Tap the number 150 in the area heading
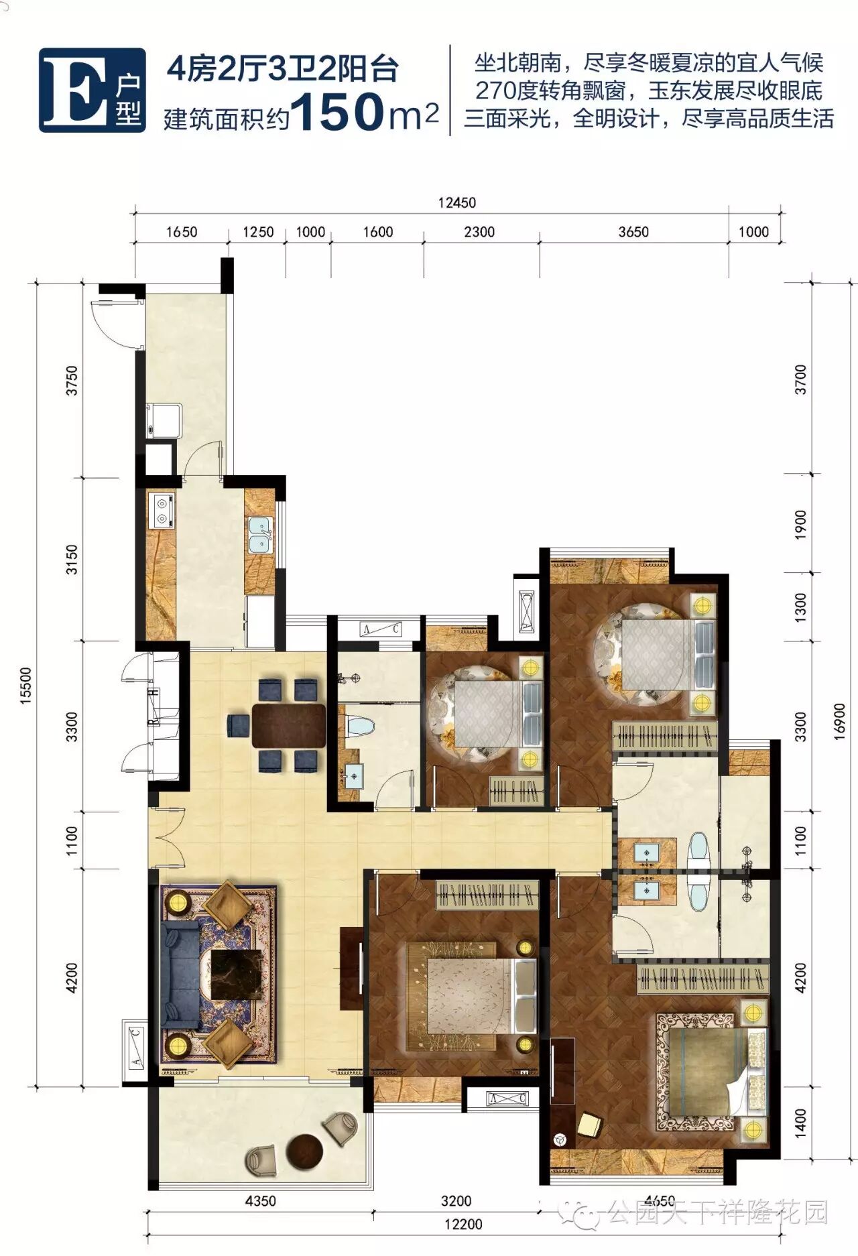tap(337, 111)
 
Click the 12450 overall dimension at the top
tap(457, 202)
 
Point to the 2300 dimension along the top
tap(479, 232)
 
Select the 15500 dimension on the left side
tap(26, 685)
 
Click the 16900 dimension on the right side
tap(839, 721)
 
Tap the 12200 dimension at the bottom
tap(463, 1224)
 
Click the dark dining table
tap(289, 725)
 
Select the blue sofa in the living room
tap(180, 975)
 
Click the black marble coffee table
tap(235, 974)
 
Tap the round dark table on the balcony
tap(304, 1151)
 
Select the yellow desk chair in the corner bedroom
tap(589, 1124)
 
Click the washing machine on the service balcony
tap(163, 420)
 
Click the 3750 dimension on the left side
tap(72, 380)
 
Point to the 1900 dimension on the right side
tap(800, 524)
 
